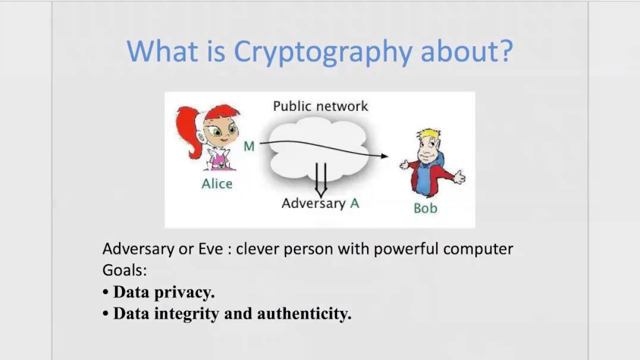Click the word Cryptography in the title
tap(323, 51)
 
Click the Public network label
tap(320, 106)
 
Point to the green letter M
tap(249, 146)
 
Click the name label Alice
tap(217, 184)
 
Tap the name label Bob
tap(425, 208)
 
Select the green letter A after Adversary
tap(354, 203)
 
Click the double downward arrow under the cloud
tap(321, 180)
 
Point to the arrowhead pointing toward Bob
tap(384, 156)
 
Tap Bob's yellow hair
tap(429, 135)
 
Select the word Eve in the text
tap(210, 248)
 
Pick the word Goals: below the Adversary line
tap(124, 270)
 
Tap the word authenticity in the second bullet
tap(304, 313)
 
